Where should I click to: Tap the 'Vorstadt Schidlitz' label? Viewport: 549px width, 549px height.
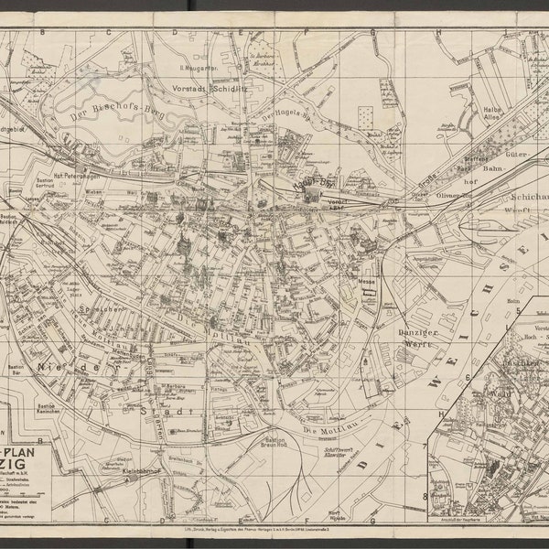211,90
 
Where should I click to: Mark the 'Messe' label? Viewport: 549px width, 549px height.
368,282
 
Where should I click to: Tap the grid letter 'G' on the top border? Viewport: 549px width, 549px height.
372,31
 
